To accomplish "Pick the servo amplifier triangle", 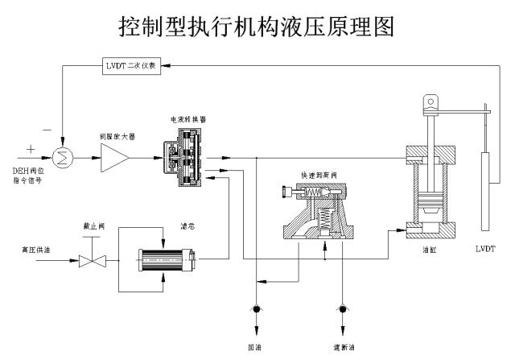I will [x=115, y=158].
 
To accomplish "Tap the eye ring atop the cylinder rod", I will [x=431, y=102].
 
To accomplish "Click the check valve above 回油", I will [x=257, y=309].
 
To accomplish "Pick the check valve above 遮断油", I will [x=344, y=309].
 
